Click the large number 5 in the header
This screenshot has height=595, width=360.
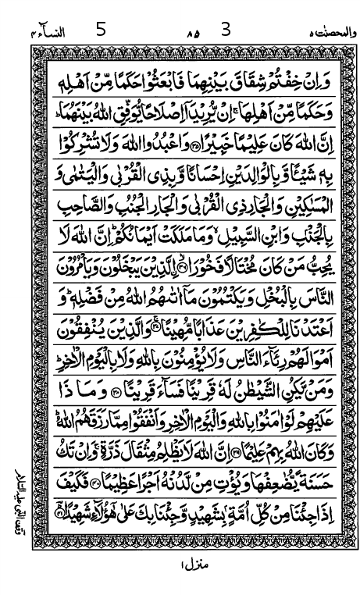tap(99, 30)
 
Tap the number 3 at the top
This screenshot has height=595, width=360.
tap(226, 30)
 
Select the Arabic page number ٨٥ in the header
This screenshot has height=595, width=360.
tap(192, 34)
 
